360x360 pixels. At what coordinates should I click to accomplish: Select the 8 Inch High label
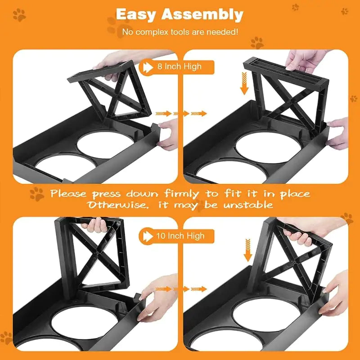(179, 67)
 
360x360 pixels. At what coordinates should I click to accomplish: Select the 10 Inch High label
(180, 235)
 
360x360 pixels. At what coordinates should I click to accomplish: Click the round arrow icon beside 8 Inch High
(147, 67)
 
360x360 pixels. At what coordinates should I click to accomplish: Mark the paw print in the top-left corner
(19, 15)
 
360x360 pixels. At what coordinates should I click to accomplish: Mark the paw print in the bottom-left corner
(6, 337)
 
